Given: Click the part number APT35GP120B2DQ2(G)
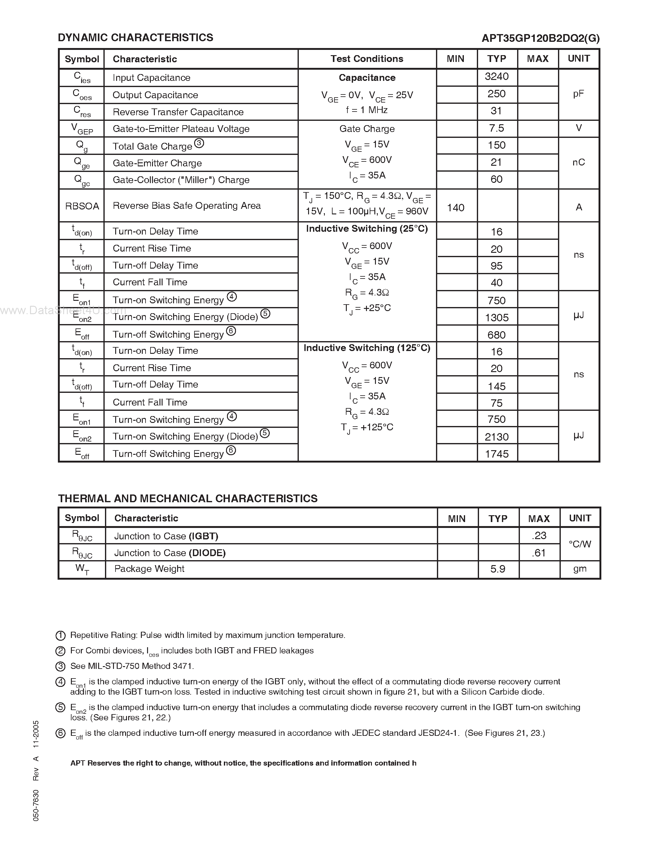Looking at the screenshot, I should [x=540, y=38].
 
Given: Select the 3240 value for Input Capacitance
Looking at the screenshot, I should [x=497, y=77].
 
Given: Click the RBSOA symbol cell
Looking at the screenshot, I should [x=82, y=206].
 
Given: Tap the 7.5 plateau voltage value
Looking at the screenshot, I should [x=497, y=128].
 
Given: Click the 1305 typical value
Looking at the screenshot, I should [x=497, y=318].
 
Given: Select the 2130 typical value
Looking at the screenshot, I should [x=497, y=437].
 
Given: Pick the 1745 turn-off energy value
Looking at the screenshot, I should [x=497, y=454].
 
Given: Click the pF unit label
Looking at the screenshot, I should [x=578, y=94].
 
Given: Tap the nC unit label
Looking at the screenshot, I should [x=578, y=162].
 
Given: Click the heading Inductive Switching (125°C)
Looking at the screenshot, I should [x=367, y=348].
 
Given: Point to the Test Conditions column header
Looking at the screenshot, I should [x=367, y=59].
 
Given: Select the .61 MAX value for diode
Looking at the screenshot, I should [x=539, y=553].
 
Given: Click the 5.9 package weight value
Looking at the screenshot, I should [x=498, y=569].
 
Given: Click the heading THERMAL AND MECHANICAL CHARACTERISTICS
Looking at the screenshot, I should [x=188, y=498].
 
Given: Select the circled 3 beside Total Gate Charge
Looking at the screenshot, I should [x=199, y=143].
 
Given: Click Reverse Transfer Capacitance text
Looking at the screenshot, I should [x=178, y=112].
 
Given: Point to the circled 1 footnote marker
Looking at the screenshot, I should [x=60, y=635].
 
